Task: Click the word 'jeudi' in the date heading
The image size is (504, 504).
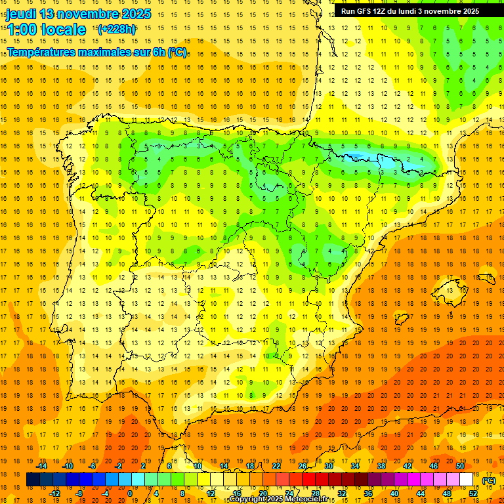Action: point(21,14)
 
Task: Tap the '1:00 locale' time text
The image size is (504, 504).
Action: point(46,30)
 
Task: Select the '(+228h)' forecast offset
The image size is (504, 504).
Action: point(117,29)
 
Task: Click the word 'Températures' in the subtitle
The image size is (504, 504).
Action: point(43,52)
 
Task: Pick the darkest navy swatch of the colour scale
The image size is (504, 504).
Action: point(33,480)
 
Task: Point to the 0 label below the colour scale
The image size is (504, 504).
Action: point(130,493)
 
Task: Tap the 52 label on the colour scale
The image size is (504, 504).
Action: point(473,493)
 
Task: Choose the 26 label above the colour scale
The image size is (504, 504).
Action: point(303,466)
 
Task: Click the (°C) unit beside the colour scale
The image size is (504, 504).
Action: point(488,480)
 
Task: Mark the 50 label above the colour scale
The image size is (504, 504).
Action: point(460,466)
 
